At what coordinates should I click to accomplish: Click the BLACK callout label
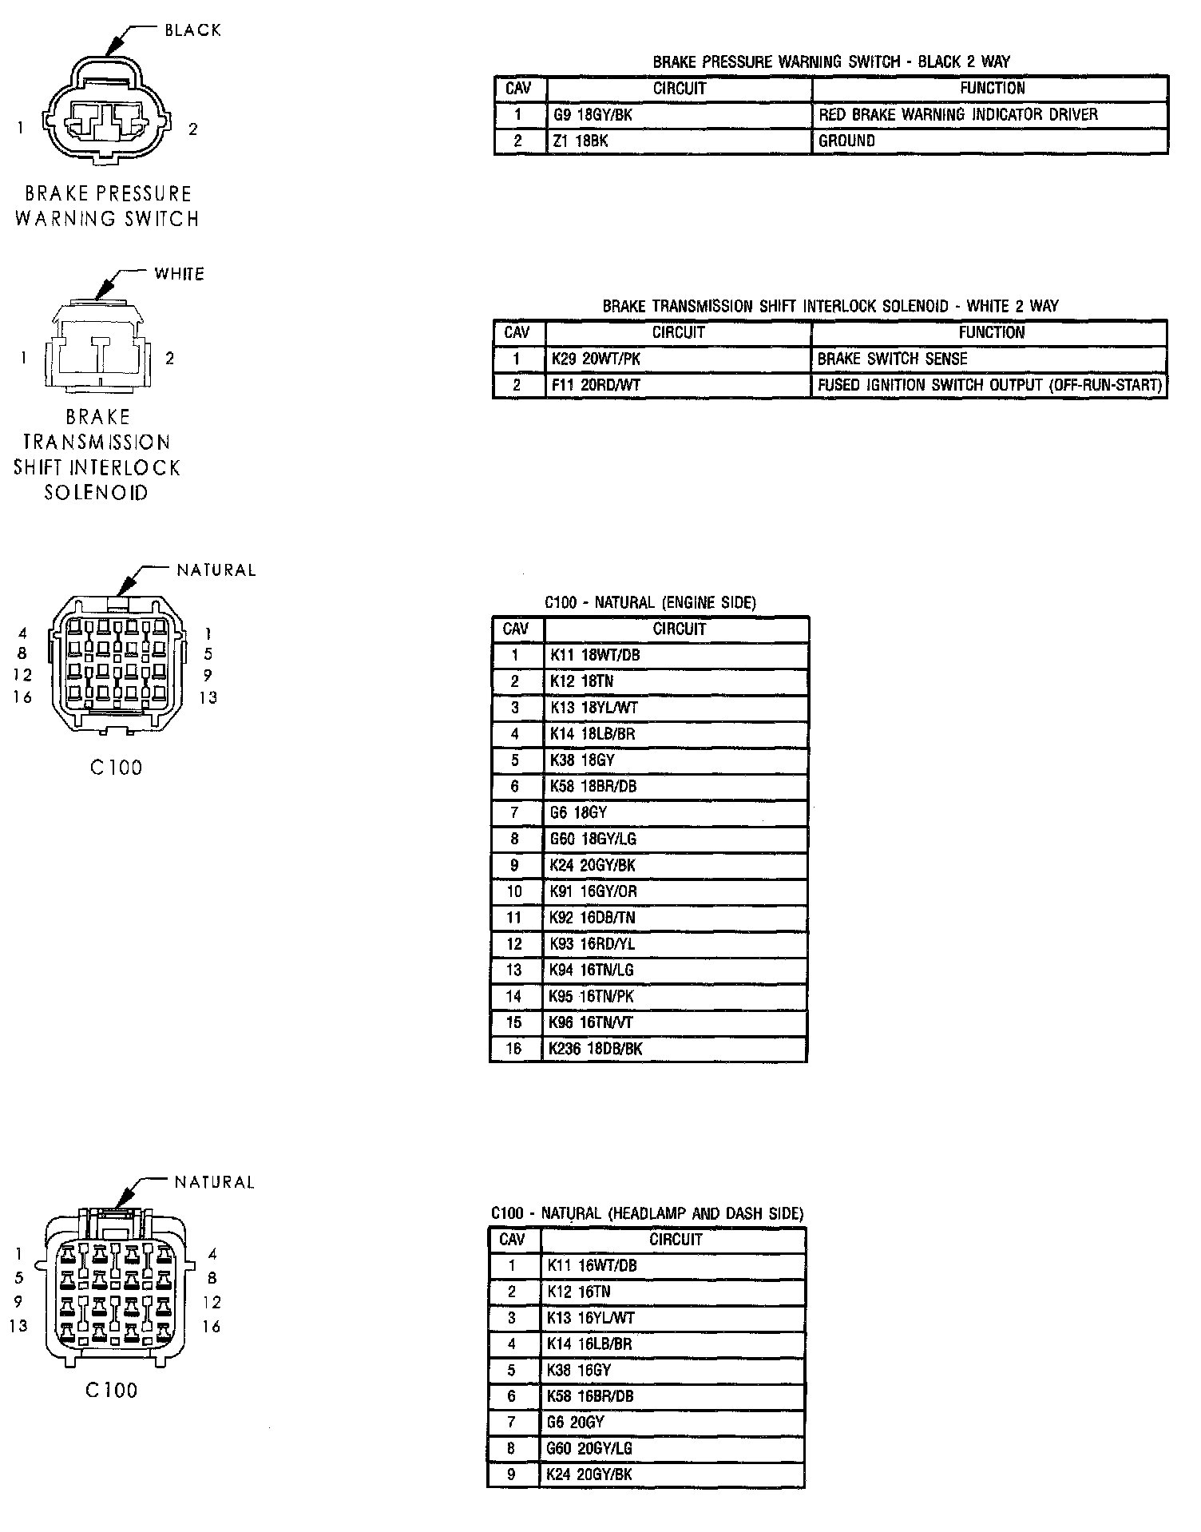[x=192, y=30]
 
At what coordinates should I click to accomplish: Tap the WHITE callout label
[x=179, y=274]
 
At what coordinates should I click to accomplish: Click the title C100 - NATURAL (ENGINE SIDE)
[x=650, y=602]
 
